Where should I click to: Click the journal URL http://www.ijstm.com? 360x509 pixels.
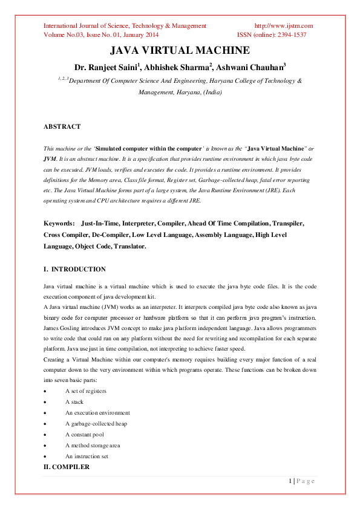tap(283, 25)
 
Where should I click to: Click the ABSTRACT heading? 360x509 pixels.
tap(62, 127)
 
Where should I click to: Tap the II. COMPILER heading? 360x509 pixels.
tap(67, 467)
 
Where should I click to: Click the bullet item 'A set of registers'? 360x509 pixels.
tap(85, 391)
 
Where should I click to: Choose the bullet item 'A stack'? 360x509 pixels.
tap(74, 402)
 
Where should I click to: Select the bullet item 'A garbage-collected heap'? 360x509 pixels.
tap(96, 424)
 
